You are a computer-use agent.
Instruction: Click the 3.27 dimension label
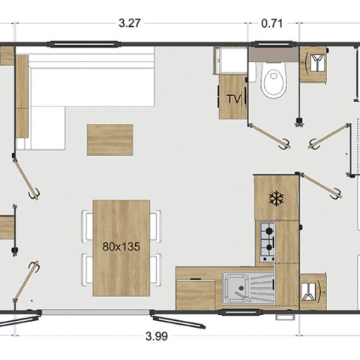click(x=129, y=23)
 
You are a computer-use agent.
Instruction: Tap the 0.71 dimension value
click(x=271, y=23)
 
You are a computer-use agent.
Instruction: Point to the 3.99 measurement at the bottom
click(x=157, y=336)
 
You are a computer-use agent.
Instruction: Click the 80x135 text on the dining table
click(x=121, y=247)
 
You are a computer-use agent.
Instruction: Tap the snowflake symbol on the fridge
click(x=276, y=199)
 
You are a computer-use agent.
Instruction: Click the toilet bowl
click(x=273, y=79)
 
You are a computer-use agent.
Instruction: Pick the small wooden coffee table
click(x=109, y=139)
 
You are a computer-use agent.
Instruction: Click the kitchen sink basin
click(x=235, y=288)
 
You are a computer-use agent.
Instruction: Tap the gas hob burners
click(x=267, y=241)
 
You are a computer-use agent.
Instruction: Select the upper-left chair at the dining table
click(x=87, y=226)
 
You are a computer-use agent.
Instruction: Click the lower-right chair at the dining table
click(x=155, y=269)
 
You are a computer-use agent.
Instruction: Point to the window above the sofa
click(x=84, y=45)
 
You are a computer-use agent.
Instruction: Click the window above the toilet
click(x=274, y=44)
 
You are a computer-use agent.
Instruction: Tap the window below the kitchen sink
click(x=240, y=312)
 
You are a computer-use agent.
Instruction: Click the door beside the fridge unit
click(x=319, y=186)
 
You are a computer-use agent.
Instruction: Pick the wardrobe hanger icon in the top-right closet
click(x=316, y=63)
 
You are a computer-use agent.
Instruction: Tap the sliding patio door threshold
click(x=96, y=312)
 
